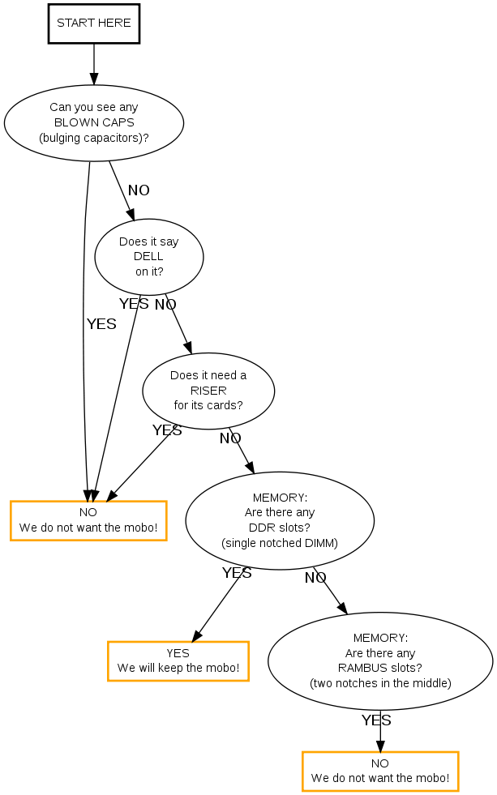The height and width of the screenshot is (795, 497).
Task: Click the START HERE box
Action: (x=94, y=24)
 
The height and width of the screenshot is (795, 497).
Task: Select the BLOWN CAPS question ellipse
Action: (x=94, y=122)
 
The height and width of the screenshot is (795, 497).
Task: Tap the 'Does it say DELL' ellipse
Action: (x=149, y=256)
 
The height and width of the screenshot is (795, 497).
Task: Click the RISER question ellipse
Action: (x=208, y=391)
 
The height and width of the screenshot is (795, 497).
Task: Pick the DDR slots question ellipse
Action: (x=280, y=520)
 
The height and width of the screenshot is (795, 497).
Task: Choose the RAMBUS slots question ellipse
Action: (x=380, y=660)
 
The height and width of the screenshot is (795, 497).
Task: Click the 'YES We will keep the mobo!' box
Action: (x=178, y=660)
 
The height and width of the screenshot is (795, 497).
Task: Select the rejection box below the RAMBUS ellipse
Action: (x=380, y=771)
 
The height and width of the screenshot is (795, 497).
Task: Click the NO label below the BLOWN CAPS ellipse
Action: (x=139, y=190)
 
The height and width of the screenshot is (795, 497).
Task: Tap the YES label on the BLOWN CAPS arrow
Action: (x=101, y=324)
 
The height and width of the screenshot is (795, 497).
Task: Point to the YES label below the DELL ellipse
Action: (x=134, y=304)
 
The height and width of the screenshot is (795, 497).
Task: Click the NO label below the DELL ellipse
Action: (x=165, y=305)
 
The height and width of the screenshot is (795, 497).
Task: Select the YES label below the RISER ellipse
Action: (x=167, y=430)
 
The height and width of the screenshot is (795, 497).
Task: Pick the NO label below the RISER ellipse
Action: (x=230, y=438)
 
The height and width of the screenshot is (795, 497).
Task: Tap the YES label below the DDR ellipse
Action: (x=237, y=573)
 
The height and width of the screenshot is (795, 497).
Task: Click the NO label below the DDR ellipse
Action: (x=315, y=578)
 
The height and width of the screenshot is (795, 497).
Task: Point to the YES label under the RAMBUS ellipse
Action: (x=376, y=720)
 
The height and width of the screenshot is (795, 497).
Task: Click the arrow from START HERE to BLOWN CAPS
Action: (x=94, y=63)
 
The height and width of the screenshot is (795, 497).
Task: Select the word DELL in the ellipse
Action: (x=149, y=256)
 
